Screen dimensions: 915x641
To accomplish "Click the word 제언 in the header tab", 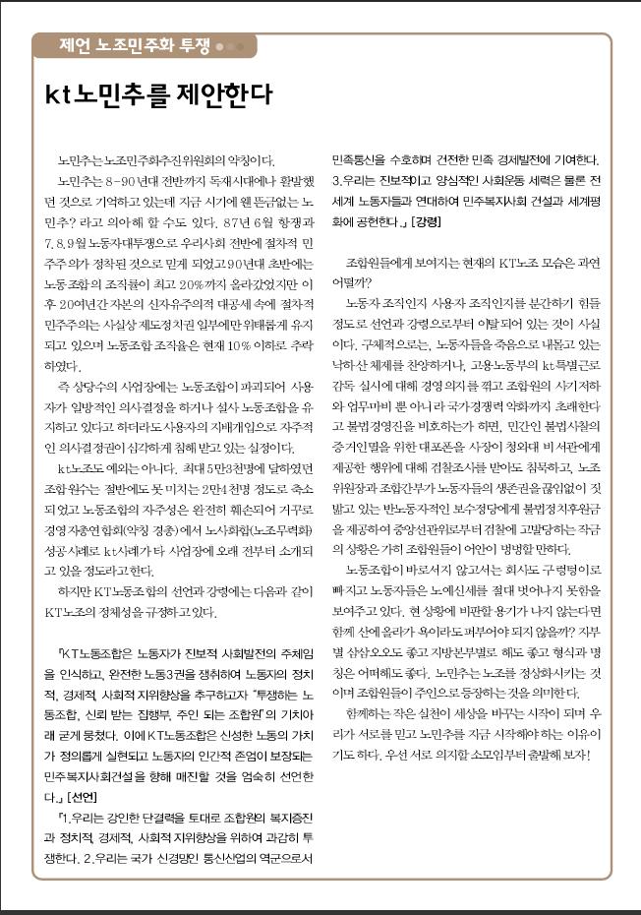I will pyautogui.click(x=76, y=46).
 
